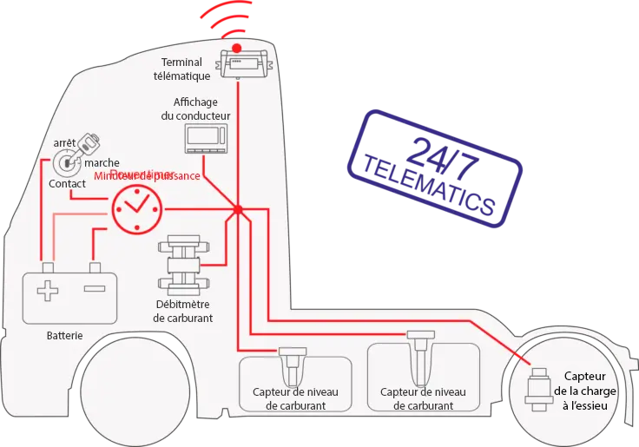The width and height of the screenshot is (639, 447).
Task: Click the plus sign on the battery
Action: (48, 289)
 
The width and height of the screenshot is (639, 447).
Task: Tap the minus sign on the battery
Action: (94, 288)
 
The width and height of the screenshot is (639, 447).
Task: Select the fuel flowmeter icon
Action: (183, 265)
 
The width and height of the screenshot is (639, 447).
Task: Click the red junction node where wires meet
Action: (237, 209)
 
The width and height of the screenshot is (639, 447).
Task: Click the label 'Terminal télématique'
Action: (183, 69)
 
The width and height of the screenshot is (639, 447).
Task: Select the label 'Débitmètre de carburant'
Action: (183, 311)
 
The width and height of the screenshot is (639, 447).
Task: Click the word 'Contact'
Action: (67, 184)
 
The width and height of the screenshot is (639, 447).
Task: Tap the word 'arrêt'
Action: (64, 142)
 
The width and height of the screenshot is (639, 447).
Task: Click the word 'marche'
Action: (102, 162)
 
